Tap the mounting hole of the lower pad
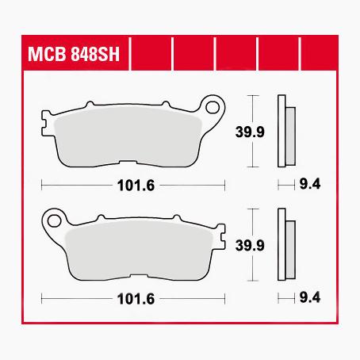point(54,216)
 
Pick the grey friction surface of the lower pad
point(135,249)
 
